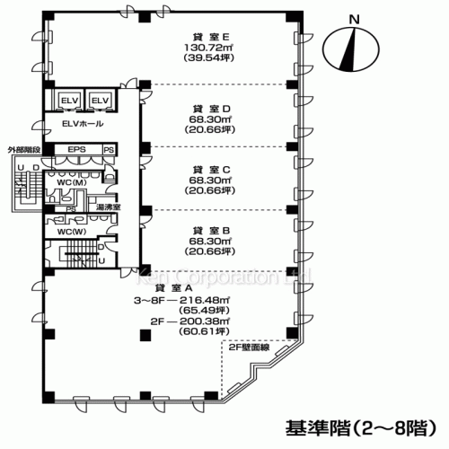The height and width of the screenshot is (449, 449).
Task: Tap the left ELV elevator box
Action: (x=69, y=100)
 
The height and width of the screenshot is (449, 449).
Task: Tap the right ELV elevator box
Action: (x=100, y=100)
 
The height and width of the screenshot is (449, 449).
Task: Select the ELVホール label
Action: (x=81, y=122)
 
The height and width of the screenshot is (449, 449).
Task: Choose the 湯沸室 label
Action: (x=110, y=207)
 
